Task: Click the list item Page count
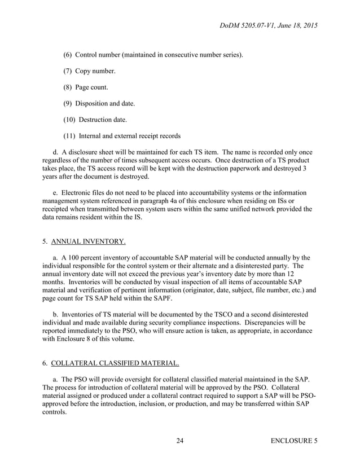coord(91,87)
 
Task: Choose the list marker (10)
coord(69,120)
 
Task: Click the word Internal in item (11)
coord(93,136)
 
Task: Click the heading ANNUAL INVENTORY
coord(88,243)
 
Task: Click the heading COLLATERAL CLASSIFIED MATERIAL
coord(111,364)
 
